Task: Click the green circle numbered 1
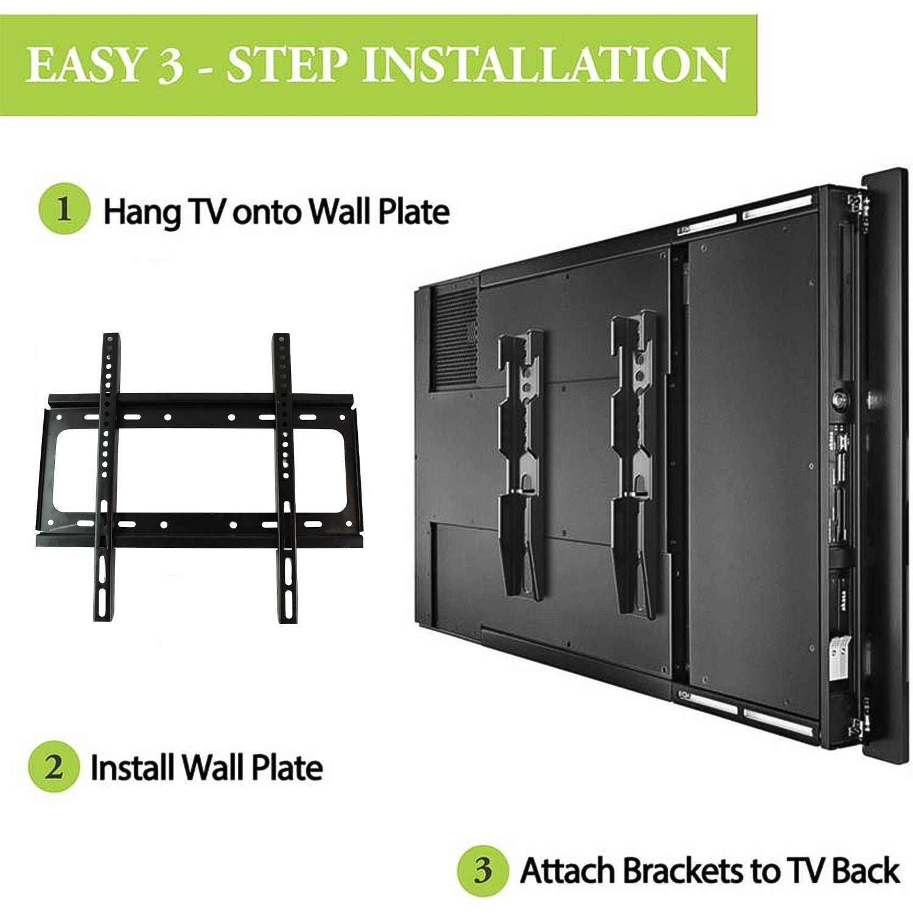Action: pyautogui.click(x=65, y=210)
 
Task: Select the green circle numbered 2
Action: pyautogui.click(x=54, y=766)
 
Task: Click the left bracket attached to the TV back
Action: pyautogui.click(x=520, y=463)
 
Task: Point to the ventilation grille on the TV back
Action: pyautogui.click(x=454, y=338)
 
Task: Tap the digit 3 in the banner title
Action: pyautogui.click(x=170, y=66)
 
